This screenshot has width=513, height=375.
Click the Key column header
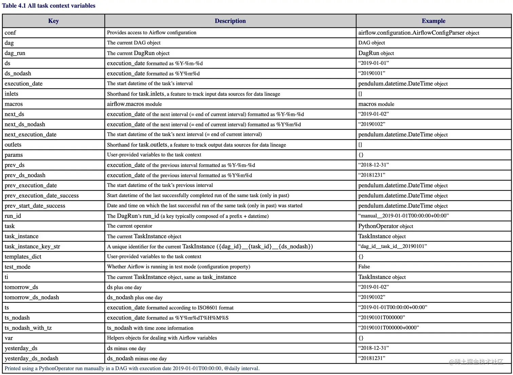(54, 21)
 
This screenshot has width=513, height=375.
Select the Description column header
(230, 21)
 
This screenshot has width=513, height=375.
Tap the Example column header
(433, 21)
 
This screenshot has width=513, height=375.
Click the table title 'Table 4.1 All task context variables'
(49, 6)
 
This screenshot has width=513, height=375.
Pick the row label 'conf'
(10, 33)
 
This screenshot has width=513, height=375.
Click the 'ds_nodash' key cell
(18, 74)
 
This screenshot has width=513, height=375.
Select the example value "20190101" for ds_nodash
(372, 73)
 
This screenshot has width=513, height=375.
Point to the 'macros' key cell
(14, 104)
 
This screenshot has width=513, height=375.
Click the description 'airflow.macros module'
(134, 104)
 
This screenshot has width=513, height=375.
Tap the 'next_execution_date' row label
(31, 135)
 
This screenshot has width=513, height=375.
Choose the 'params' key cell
(14, 155)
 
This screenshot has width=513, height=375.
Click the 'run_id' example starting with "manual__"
(403, 216)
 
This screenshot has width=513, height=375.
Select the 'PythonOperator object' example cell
(385, 226)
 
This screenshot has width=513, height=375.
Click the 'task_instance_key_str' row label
(32, 246)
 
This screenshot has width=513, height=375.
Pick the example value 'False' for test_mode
(364, 267)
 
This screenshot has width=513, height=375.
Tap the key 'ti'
(6, 277)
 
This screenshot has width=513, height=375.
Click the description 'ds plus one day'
(124, 287)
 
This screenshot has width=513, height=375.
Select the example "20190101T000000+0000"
(388, 328)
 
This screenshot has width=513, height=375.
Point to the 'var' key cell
(9, 338)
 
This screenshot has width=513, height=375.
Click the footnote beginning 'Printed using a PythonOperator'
(132, 369)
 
